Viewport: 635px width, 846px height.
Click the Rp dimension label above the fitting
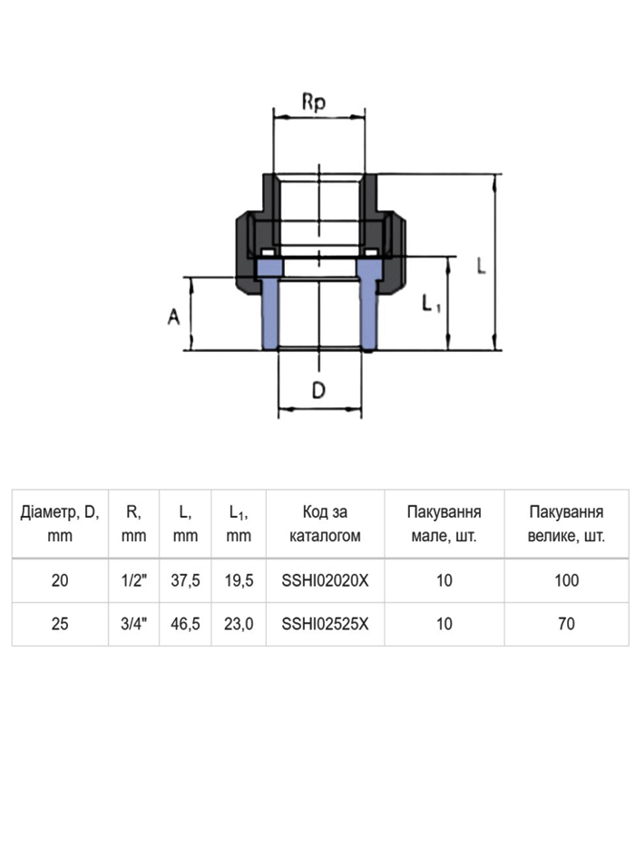tap(314, 102)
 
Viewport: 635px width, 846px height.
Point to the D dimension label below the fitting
tap(318, 390)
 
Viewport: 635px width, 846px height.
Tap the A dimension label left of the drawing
tap(173, 316)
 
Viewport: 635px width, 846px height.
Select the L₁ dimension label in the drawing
tap(431, 304)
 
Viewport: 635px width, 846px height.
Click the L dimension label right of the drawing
tap(481, 265)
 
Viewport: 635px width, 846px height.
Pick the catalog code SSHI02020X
tap(325, 580)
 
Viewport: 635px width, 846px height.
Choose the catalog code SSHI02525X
tap(325, 624)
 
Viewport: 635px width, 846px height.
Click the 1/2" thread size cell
tap(134, 580)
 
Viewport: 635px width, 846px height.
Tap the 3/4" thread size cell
tap(134, 624)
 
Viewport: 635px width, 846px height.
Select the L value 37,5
tap(185, 580)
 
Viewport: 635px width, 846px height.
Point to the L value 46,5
tap(185, 624)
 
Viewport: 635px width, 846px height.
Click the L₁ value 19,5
tap(239, 580)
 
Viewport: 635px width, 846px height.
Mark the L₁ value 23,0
tap(239, 624)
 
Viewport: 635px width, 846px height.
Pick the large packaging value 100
tap(566, 580)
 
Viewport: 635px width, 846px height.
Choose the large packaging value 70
tap(566, 624)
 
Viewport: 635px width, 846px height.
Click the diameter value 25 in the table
tap(60, 624)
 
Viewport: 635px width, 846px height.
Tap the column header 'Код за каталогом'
tap(325, 523)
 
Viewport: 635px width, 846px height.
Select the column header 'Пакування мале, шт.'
tap(444, 523)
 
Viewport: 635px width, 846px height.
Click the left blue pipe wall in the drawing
tap(269, 305)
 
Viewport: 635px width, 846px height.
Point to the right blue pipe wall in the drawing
tap(369, 305)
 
